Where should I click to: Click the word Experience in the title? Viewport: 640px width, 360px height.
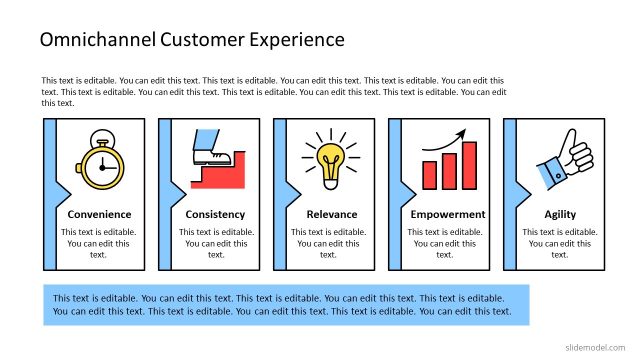click(x=295, y=41)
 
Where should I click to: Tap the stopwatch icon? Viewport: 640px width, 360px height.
click(x=99, y=159)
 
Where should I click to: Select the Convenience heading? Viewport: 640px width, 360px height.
click(x=99, y=215)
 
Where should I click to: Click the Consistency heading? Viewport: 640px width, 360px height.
click(x=216, y=215)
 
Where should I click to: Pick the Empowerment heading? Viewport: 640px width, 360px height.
click(x=448, y=215)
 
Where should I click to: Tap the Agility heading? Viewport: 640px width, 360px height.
click(x=560, y=215)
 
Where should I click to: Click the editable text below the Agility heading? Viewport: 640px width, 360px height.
click(x=560, y=243)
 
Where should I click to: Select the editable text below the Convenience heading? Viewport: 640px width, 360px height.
click(x=99, y=243)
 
